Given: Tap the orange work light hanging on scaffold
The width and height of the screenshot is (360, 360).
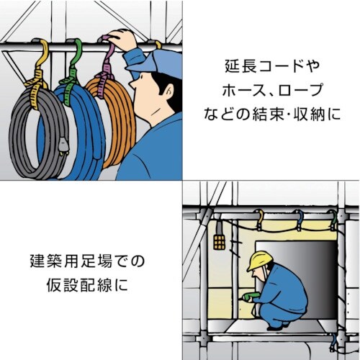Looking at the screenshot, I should pos(219,240).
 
